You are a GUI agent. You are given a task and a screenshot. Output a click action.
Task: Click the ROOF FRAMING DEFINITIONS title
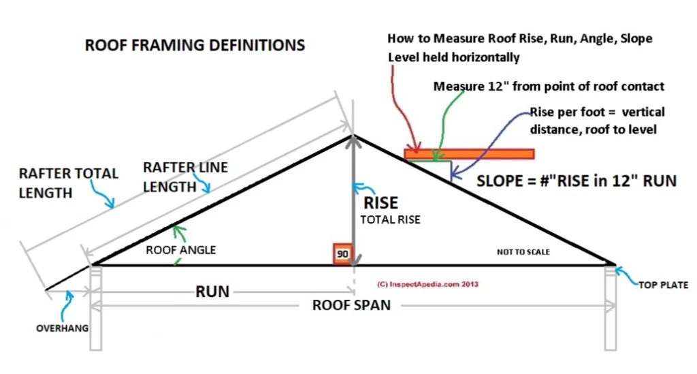coord(195,46)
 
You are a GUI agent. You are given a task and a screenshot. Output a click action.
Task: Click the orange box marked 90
coord(342,253)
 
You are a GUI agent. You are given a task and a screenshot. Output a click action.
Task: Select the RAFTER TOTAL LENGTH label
coord(68,183)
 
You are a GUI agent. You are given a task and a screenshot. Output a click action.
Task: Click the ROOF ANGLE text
coord(180,250)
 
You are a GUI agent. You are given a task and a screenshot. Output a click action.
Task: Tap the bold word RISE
coord(380,202)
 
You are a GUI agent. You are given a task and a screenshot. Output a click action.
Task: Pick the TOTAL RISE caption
coord(390,220)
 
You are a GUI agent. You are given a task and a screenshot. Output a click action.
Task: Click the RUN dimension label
coord(212,292)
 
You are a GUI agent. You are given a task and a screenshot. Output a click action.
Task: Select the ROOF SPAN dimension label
coord(351,305)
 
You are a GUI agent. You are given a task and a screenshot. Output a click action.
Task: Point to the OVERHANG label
coord(62,328)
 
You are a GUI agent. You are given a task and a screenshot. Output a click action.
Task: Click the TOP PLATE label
coord(663,285)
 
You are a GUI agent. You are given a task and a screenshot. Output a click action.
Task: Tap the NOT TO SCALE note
coord(523,252)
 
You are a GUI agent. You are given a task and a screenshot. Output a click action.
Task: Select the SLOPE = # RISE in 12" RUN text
coord(576,181)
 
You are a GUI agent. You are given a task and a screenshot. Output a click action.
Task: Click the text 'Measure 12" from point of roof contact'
coord(549,87)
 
